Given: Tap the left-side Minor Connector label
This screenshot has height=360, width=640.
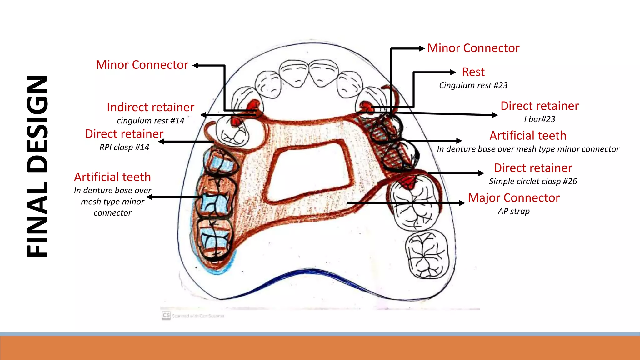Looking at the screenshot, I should coord(142,65).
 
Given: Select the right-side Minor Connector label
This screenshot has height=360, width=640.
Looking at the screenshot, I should coord(473,48).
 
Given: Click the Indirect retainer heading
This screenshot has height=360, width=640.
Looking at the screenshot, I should coord(151,107).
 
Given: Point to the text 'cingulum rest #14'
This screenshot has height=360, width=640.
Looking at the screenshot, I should coord(151,121).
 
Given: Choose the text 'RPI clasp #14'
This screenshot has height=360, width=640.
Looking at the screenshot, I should coord(124,147).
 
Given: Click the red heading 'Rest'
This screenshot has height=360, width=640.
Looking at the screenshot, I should coord(473,72).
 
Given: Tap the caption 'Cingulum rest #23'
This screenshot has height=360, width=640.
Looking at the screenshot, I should coord(473,85).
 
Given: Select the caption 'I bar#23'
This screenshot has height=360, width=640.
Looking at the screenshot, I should coord(540,119).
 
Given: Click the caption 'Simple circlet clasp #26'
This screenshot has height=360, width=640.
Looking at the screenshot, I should coord(533,181).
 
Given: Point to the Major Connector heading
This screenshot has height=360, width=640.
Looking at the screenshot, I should coord(514,198).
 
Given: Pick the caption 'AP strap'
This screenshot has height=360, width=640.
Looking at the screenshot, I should coord(514,211).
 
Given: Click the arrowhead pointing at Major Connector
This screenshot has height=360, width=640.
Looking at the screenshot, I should coord(462,203).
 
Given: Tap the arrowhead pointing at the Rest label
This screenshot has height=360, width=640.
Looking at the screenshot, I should coord(453,72).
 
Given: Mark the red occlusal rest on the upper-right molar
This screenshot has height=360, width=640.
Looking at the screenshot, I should coord(408,182).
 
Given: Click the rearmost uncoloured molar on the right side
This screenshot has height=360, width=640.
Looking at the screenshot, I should coord(427,254).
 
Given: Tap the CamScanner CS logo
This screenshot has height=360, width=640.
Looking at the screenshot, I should coord(166,315).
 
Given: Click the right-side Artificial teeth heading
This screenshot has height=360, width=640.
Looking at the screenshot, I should coord(528,136).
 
